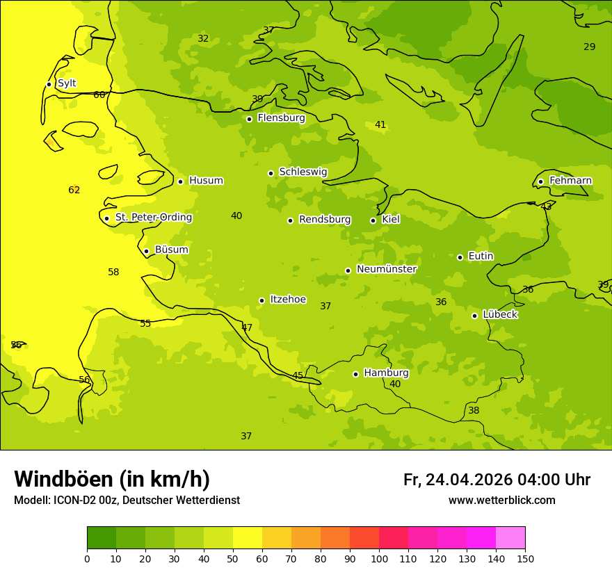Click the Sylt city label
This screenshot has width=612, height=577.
(x=67, y=83)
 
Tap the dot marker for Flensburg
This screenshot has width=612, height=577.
(x=249, y=119)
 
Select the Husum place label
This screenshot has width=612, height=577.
(x=206, y=181)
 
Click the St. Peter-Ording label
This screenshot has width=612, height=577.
(x=153, y=218)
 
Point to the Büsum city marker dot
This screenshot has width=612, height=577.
(x=146, y=251)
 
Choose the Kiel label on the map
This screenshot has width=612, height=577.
(x=391, y=220)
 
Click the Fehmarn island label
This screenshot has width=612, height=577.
(x=570, y=181)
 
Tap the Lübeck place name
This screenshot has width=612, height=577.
(x=499, y=315)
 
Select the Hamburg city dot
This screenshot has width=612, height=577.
(x=355, y=374)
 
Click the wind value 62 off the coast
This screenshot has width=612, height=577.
(x=74, y=190)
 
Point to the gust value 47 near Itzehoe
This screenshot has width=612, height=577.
(x=247, y=327)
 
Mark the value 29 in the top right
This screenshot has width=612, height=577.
(x=589, y=47)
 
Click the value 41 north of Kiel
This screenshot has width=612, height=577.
(x=380, y=125)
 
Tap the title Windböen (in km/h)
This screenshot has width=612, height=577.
(x=112, y=479)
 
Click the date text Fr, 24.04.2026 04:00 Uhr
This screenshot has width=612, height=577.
(x=497, y=480)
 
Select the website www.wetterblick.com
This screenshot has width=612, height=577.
(x=501, y=501)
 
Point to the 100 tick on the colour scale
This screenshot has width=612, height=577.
(x=379, y=558)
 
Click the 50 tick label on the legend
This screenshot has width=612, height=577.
(x=233, y=558)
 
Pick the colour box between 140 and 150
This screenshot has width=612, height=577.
(x=510, y=538)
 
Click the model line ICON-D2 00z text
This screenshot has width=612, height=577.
(x=127, y=501)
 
